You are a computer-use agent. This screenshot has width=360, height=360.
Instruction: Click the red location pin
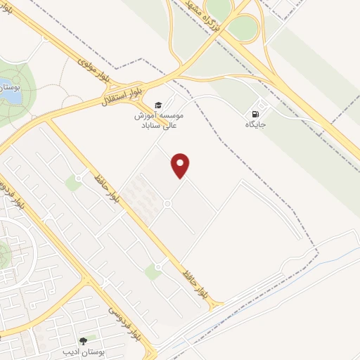coord(181,165)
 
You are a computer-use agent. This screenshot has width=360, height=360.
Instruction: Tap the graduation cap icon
coord(157,104)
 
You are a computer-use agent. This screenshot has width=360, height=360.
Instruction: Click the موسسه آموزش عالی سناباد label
coord(158,119)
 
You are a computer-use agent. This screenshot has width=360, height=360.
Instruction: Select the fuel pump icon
coord(254,115)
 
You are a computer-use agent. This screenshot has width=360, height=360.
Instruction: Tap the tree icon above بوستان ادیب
coord(83,340)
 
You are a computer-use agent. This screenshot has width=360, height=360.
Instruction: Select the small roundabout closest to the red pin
coord(167,204)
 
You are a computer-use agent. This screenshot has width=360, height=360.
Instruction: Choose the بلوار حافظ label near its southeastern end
coord(194,278)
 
